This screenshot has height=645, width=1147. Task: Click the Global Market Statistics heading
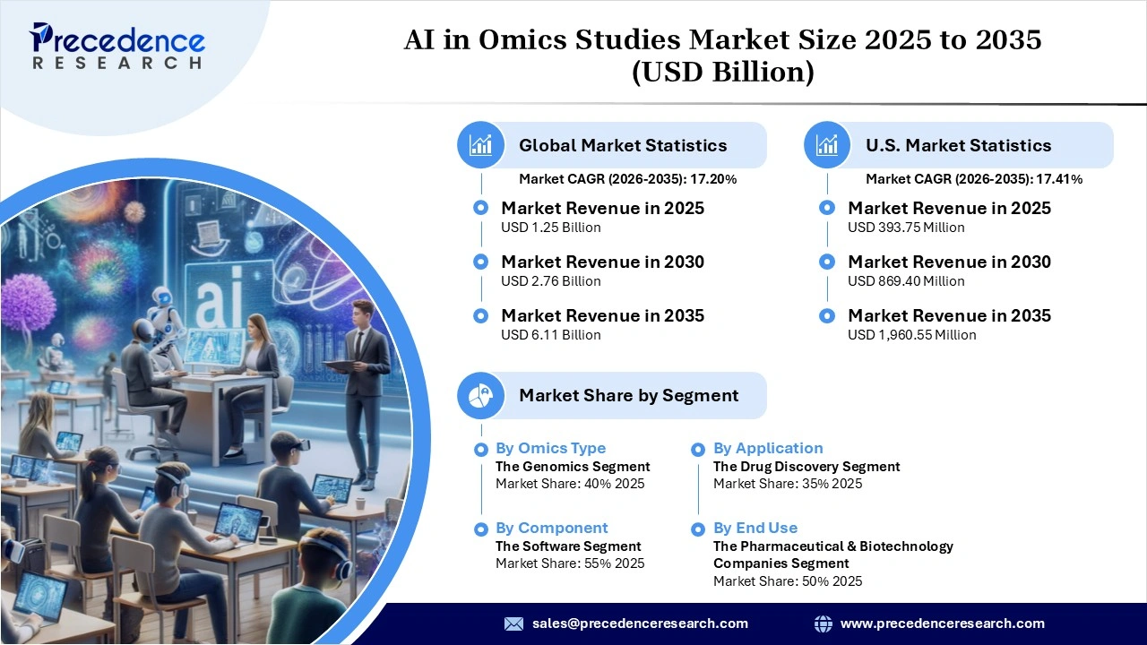[x=623, y=145]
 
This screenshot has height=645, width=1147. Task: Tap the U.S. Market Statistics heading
[x=958, y=145]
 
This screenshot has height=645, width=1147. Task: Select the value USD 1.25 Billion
[x=550, y=228]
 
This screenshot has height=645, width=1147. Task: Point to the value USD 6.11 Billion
[x=550, y=335]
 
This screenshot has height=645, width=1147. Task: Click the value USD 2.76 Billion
[x=550, y=281]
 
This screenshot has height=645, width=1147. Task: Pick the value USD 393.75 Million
[x=906, y=228]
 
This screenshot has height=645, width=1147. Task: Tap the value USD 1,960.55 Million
[x=911, y=335]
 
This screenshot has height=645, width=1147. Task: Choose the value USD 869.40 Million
[x=906, y=281]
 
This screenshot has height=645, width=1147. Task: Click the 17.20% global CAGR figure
[x=712, y=179]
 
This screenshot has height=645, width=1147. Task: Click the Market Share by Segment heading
[x=628, y=395]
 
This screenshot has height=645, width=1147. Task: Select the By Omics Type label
[x=550, y=448]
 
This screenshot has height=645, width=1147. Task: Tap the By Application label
[x=768, y=448]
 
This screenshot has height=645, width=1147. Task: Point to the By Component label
[x=551, y=528]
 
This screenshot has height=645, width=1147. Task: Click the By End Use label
[x=755, y=528]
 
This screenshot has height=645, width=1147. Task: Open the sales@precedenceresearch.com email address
[x=640, y=623]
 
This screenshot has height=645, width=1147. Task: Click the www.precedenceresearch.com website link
[x=942, y=623]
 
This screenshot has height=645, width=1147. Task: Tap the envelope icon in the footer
[x=513, y=623]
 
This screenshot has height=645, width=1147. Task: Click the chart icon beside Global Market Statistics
[x=481, y=145]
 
